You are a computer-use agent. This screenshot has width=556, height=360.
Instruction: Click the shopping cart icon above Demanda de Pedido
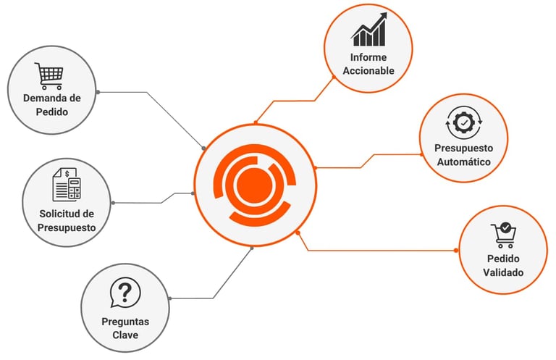49,75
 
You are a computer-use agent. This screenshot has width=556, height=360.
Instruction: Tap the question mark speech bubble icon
125,293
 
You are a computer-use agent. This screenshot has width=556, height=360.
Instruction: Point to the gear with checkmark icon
463,123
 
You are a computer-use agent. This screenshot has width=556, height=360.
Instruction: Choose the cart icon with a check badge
503,235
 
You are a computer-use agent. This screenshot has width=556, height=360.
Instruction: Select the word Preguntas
125,322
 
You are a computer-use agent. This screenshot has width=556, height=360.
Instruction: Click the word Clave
125,335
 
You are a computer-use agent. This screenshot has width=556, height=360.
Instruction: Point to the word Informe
368,57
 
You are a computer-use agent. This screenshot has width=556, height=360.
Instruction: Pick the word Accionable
368,71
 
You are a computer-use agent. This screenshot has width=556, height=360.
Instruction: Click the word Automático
463,162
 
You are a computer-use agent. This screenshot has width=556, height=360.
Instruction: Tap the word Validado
503,272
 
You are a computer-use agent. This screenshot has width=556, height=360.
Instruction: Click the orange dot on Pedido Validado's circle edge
456,251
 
